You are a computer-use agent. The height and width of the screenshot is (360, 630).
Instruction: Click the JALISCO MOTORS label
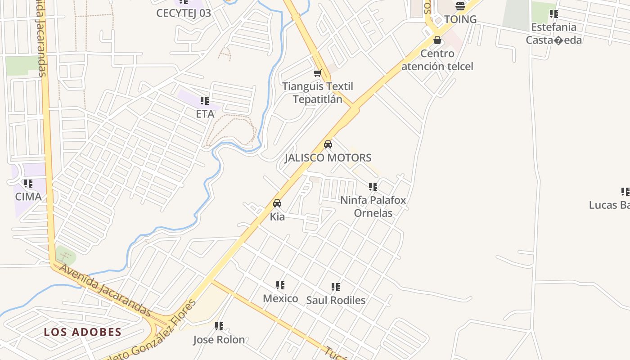(328, 158)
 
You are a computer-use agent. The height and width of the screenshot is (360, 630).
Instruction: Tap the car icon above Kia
(277, 203)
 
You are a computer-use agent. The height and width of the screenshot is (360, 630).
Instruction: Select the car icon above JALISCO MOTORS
(328, 144)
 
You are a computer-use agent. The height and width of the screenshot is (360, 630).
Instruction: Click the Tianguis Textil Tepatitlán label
(318, 93)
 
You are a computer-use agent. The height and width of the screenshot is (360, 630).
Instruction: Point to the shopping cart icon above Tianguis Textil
(318, 73)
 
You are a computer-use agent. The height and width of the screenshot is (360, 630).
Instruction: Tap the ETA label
(205, 114)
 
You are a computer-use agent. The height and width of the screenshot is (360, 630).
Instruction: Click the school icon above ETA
(205, 101)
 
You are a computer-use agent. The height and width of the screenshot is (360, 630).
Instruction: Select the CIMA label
(28, 197)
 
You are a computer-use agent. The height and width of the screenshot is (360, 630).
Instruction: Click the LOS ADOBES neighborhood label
(83, 333)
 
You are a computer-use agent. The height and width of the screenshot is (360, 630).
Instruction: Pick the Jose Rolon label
(219, 340)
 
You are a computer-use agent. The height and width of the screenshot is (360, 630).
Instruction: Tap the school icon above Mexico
(280, 285)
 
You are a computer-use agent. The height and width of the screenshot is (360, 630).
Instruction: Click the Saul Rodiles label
(336, 300)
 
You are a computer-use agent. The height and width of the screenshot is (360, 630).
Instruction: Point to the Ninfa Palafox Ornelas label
(373, 207)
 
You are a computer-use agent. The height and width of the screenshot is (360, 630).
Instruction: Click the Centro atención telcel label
(437, 60)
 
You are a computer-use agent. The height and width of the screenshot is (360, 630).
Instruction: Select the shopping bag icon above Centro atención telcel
(437, 40)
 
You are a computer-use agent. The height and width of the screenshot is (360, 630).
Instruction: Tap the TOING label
(460, 19)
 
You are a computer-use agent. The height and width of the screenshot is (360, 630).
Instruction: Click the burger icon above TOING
(460, 6)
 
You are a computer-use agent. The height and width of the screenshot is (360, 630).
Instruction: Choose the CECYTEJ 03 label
(184, 13)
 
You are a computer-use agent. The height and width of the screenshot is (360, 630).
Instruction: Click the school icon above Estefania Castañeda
(554, 14)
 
